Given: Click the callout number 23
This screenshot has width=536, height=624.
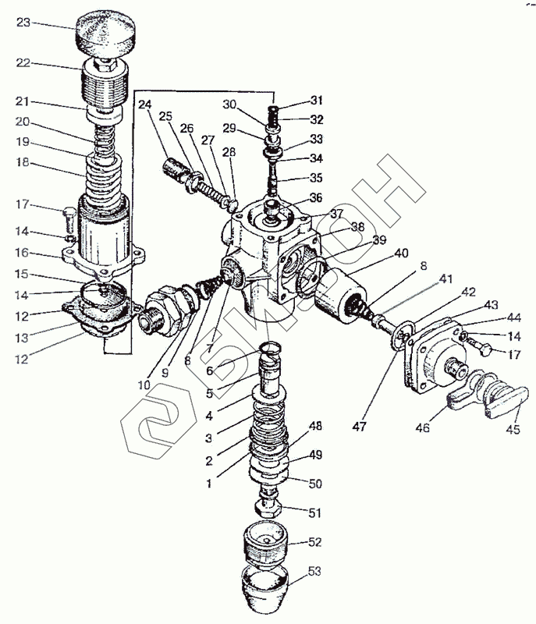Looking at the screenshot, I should pyautogui.click(x=23, y=23).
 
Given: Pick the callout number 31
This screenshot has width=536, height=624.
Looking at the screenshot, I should pyautogui.click(x=314, y=101).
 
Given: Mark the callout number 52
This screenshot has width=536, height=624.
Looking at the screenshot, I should pyautogui.click(x=314, y=541).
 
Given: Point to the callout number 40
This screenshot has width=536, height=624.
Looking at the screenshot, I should pyautogui.click(x=401, y=253).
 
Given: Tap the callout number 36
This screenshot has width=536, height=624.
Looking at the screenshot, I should pyautogui.click(x=315, y=197).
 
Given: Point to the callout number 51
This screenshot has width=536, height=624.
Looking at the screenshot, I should pyautogui.click(x=314, y=512).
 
